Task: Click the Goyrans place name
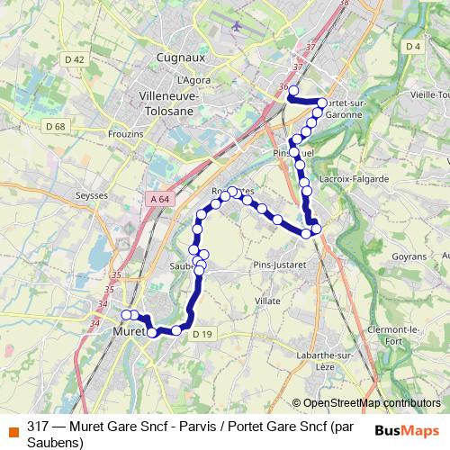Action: tap(409, 256)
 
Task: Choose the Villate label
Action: tap(268, 300)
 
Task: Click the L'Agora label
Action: tap(194, 79)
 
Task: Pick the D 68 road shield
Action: tap(55, 126)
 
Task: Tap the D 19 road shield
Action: tap(202, 335)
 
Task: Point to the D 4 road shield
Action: tap(413, 46)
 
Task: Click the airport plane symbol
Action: tap(236, 26)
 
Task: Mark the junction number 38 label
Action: tap(344, 4)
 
